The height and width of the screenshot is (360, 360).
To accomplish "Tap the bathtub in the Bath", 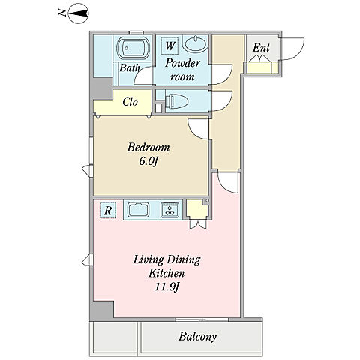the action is [133, 48].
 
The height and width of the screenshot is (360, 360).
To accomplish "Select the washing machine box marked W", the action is [169, 46].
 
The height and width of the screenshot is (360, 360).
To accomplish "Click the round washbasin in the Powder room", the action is [195, 43].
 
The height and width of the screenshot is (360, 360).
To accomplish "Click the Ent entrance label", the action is [261, 48].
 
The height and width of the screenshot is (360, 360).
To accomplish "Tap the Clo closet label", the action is [130, 102].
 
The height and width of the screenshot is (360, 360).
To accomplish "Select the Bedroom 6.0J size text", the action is [148, 162].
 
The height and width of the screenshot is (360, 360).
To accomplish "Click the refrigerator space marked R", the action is [108, 210].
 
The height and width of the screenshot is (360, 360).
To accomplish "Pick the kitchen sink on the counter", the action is [139, 209].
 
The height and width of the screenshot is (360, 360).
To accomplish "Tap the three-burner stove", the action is [170, 209].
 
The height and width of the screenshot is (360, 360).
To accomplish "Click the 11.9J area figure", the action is [166, 286].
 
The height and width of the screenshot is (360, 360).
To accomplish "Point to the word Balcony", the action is [197, 337].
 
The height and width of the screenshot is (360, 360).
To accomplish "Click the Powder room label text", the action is [182, 70].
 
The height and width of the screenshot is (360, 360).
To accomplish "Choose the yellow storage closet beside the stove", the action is [197, 209].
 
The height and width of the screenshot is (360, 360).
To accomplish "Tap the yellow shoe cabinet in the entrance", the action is [262, 67].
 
